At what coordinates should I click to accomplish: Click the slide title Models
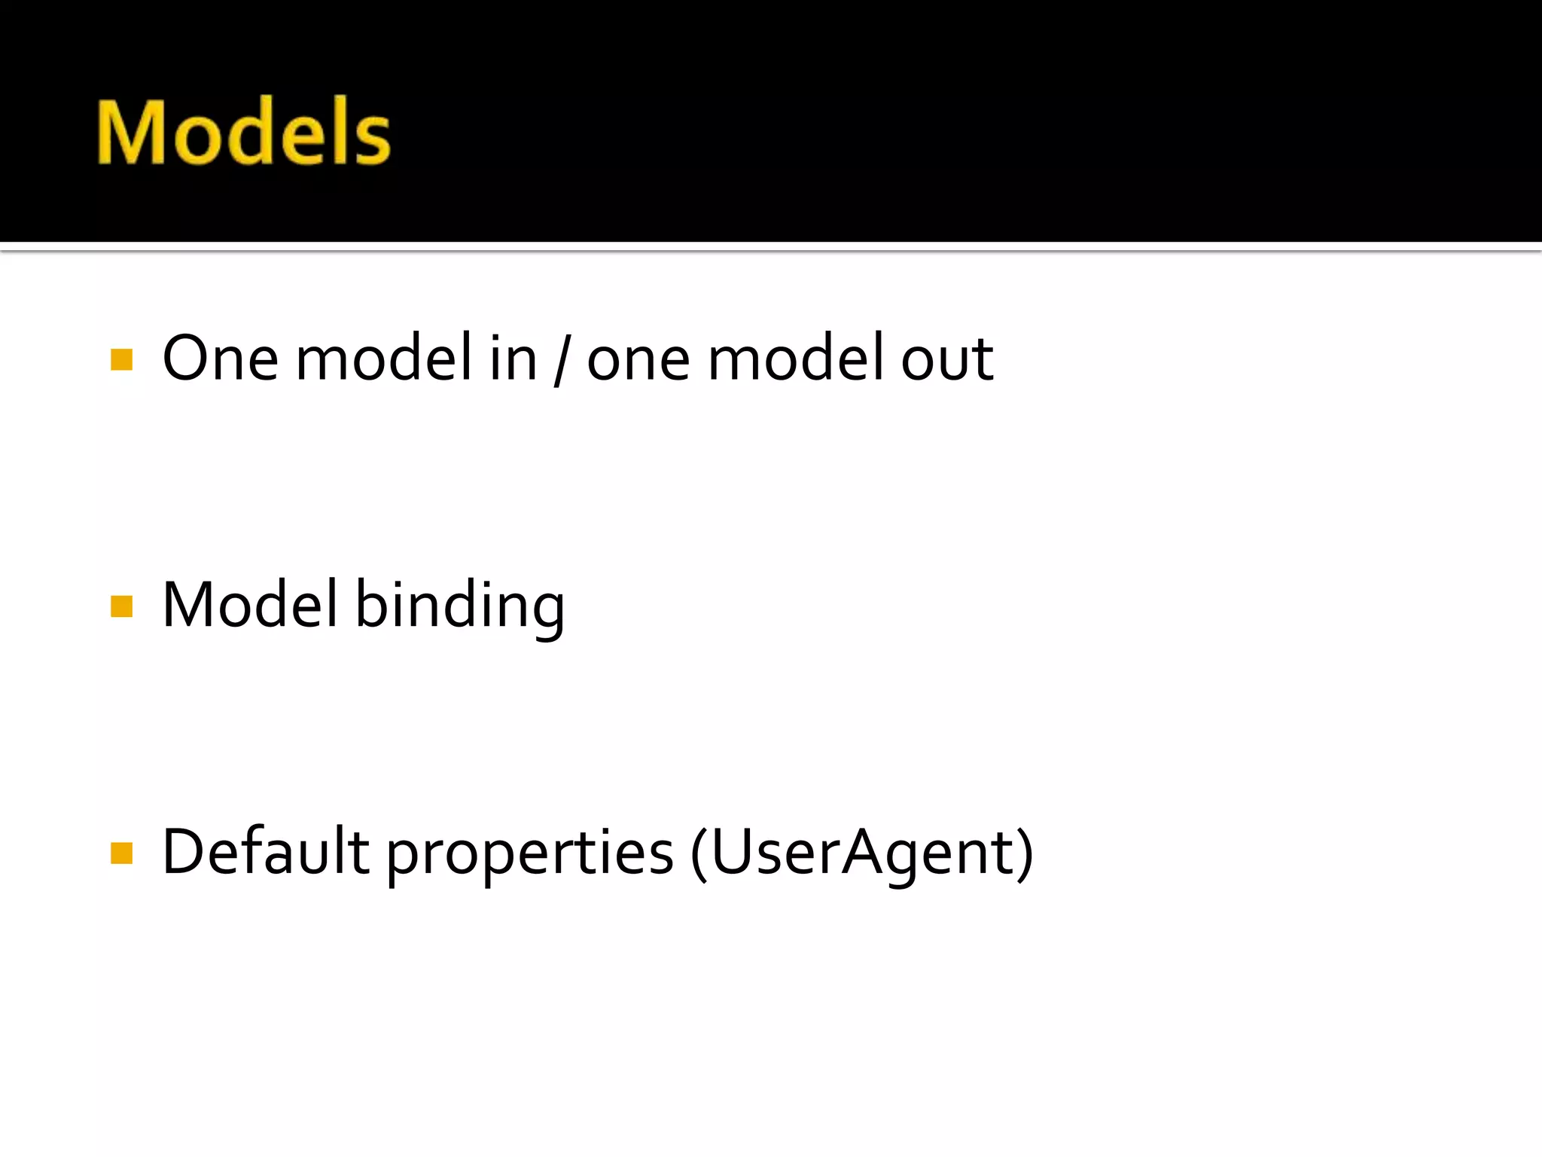[243, 132]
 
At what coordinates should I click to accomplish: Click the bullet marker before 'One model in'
[121, 359]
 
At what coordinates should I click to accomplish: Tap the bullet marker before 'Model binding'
[121, 606]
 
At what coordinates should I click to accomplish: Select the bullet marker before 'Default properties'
[121, 853]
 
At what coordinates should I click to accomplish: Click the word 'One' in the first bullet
[220, 359]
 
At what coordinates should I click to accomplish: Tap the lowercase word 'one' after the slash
[638, 360]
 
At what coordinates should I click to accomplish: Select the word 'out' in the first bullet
[947, 360]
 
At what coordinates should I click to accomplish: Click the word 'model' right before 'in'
[384, 359]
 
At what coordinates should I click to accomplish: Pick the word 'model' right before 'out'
[796, 359]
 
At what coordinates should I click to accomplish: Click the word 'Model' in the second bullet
[250, 605]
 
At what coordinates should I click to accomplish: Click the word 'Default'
[266, 852]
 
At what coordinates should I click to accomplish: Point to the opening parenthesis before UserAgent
[698, 854]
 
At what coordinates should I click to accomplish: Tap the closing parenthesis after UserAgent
[1025, 854]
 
